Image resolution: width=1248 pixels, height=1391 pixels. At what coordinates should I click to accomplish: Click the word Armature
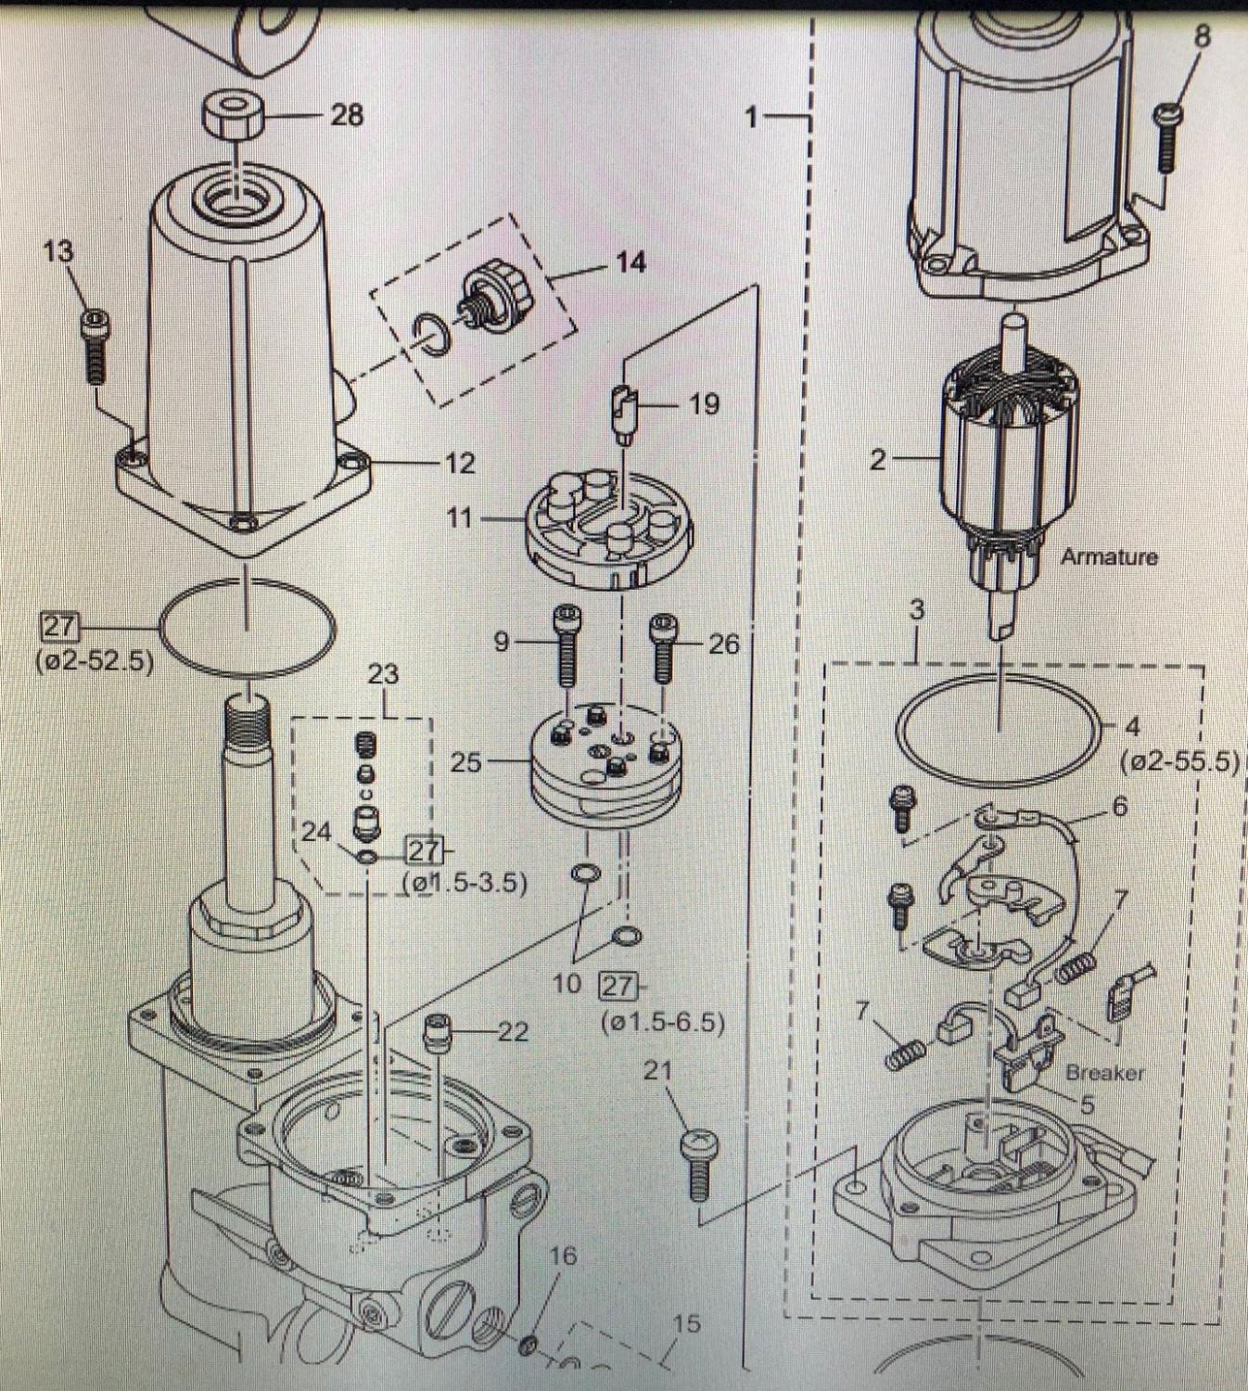1109,557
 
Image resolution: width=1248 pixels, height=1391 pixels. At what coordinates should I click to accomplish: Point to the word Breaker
1104,1073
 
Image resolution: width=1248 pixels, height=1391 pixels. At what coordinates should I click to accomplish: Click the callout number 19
705,404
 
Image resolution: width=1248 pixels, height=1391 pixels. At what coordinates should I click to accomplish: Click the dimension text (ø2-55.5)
1179,762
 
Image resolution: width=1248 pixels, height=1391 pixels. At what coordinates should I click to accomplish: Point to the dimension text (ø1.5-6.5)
662,1023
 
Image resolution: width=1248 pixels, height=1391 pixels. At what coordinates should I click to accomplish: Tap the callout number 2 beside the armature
878,459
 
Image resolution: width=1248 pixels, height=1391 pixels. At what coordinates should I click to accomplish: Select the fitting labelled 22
436,1030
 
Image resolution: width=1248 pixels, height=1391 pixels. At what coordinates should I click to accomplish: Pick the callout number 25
466,762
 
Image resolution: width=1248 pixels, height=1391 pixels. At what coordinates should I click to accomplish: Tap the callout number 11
460,517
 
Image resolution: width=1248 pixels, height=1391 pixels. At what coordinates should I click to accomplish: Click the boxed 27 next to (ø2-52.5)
58,627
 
